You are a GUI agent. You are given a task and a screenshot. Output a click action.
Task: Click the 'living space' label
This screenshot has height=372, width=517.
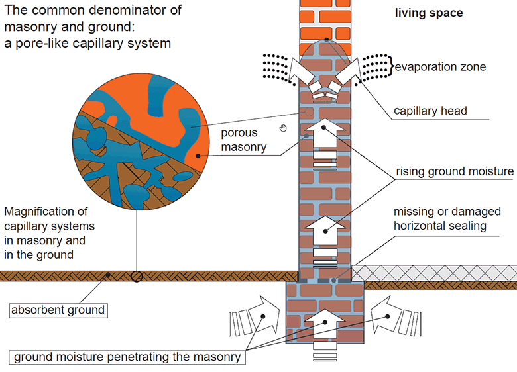428,13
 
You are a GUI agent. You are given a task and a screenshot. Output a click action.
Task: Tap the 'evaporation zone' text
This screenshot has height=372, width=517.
440,66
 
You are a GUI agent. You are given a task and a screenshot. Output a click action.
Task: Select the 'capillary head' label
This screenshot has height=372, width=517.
430,111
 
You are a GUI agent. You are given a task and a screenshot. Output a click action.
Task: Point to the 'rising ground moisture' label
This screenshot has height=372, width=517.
455,171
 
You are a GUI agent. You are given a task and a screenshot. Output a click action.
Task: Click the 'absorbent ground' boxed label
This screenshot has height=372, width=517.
58,309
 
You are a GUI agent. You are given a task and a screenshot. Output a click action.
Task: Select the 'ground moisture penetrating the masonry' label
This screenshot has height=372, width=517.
127,357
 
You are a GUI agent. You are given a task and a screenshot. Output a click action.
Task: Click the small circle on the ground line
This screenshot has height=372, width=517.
137,277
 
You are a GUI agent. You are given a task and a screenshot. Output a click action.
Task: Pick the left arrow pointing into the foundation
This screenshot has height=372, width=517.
256,317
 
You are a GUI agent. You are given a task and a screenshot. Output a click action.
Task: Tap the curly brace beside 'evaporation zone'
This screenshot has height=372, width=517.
392,66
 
